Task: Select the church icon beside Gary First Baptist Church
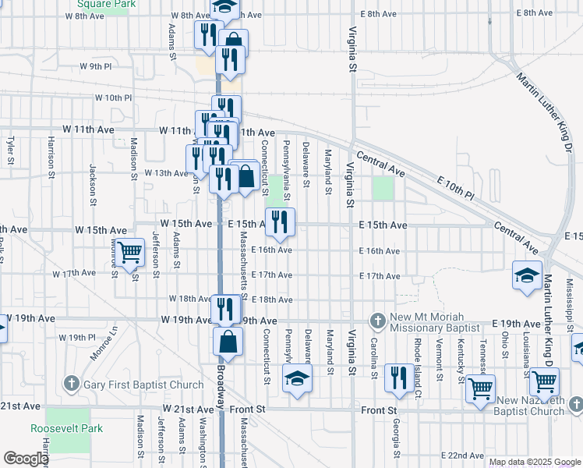tap(72, 384)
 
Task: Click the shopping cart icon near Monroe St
tap(130, 252)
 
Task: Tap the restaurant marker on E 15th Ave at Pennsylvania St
tap(280, 222)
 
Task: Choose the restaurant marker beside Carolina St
tap(399, 378)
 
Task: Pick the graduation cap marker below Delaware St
tap(296, 381)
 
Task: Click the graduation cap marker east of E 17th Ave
tap(527, 275)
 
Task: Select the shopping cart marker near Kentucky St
tap(481, 387)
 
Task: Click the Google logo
tap(25, 459)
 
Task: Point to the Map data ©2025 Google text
tap(534, 462)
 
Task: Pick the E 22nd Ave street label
tap(463, 455)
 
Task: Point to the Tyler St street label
tap(10, 151)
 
